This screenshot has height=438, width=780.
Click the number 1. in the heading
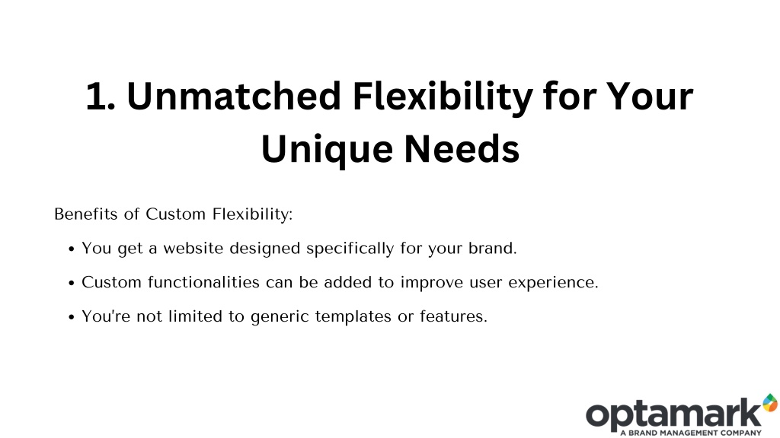click(x=101, y=96)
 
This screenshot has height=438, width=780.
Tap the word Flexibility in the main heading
click(x=443, y=98)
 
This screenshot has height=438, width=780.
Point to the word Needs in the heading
click(x=462, y=148)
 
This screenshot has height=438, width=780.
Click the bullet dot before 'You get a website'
click(x=72, y=249)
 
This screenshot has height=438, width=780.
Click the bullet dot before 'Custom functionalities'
click(x=72, y=284)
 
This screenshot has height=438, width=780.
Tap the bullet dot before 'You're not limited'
click(x=72, y=317)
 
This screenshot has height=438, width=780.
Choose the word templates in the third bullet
click(x=353, y=317)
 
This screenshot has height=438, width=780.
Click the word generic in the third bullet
click(x=280, y=317)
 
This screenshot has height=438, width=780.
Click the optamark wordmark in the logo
click(x=674, y=415)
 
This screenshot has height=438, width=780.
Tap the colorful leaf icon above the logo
click(x=771, y=403)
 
